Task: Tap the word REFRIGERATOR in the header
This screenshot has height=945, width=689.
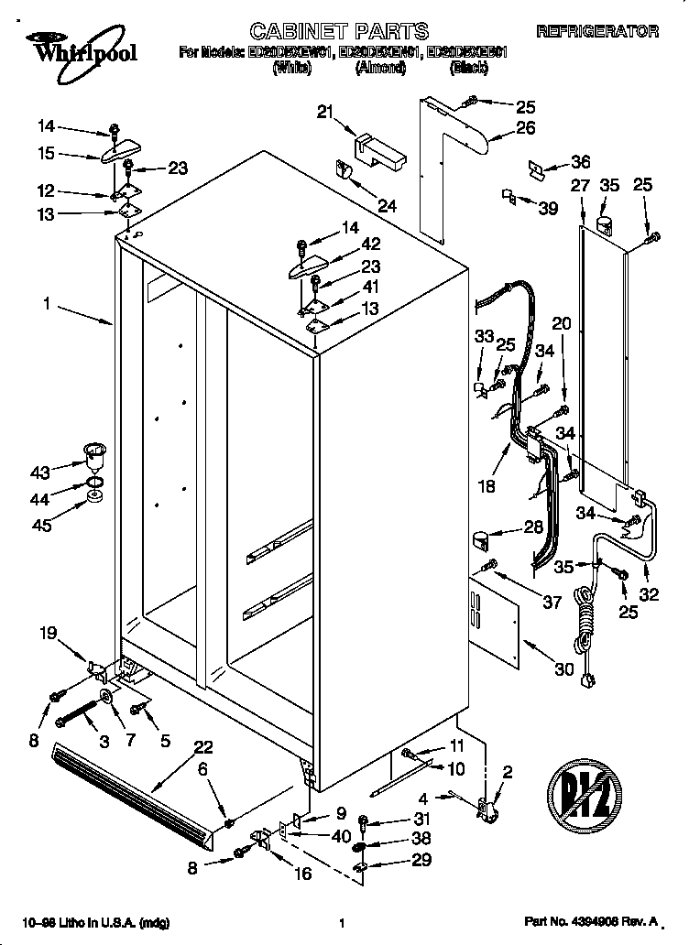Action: [x=596, y=32]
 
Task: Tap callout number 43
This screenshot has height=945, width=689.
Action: [x=40, y=473]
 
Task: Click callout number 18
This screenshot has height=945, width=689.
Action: [x=487, y=486]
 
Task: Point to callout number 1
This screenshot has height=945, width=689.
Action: [x=45, y=302]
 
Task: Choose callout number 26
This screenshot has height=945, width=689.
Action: [x=525, y=128]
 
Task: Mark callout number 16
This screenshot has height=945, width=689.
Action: [x=301, y=874]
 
